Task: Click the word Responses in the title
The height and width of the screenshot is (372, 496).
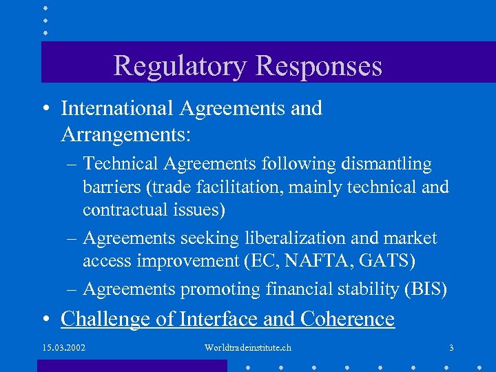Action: coord(319,65)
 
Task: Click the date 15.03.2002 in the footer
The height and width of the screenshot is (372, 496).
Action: coord(63,347)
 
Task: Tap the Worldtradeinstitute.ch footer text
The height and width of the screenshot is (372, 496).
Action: coord(248,347)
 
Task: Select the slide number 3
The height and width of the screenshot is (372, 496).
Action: coord(451,347)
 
